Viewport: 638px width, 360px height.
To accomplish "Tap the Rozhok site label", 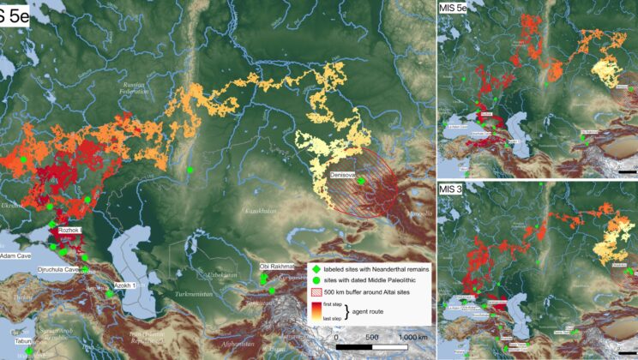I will pyautogui.click(x=69, y=231).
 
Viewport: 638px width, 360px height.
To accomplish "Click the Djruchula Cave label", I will pyautogui.click(x=54, y=269).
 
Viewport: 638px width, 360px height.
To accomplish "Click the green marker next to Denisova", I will pyautogui.click(x=361, y=181).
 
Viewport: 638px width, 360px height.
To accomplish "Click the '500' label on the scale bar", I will pyautogui.click(x=372, y=338).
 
